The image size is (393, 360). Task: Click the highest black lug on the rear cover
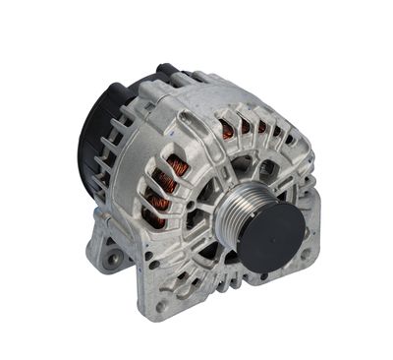click(163, 70)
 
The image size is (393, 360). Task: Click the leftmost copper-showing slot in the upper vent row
click(228, 127)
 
